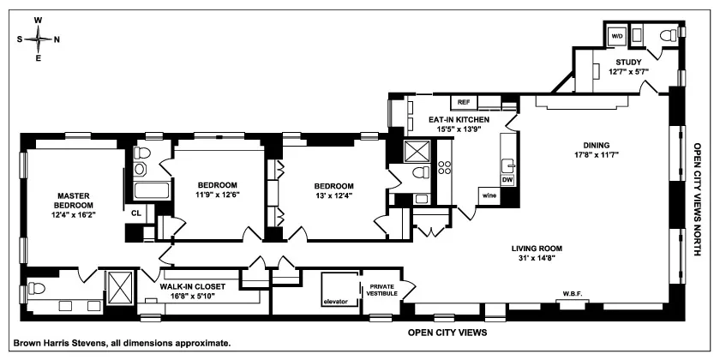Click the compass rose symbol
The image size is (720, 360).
click(38, 39)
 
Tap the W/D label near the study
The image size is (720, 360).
click(617, 36)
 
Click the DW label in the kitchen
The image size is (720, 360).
click(507, 180)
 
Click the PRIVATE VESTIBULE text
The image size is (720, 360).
click(379, 291)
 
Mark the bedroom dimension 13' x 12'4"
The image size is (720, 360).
click(333, 195)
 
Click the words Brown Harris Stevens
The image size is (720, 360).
click(69, 343)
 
